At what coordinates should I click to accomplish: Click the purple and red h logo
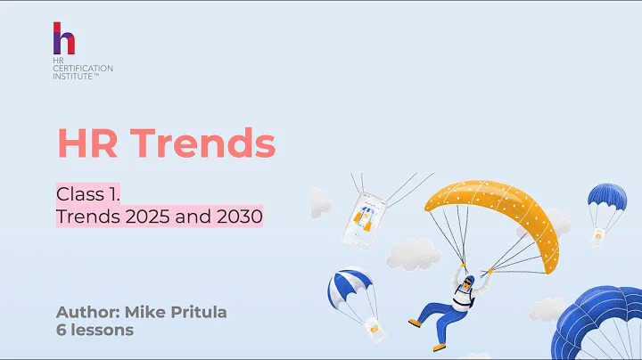(x=64, y=40)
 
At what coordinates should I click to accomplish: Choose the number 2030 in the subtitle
(x=236, y=216)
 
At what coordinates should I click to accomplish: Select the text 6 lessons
(x=95, y=331)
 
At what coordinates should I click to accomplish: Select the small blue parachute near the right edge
(x=606, y=200)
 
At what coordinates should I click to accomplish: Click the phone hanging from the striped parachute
(x=374, y=328)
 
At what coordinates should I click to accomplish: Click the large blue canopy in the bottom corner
(x=602, y=325)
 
